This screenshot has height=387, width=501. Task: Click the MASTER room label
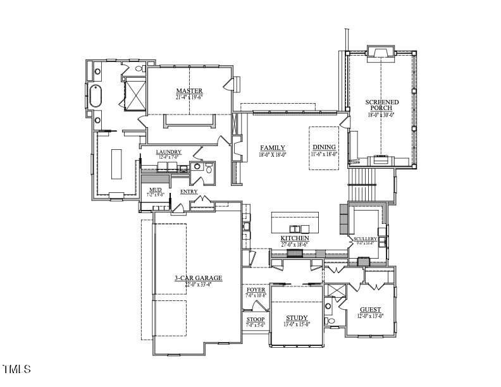point(189,91)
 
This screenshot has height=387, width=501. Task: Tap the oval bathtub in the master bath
point(96,97)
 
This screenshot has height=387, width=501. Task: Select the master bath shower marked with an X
point(135,94)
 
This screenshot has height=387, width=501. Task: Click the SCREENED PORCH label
point(381,105)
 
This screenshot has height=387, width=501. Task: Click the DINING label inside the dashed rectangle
point(324,147)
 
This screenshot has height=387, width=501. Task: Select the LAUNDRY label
point(169,152)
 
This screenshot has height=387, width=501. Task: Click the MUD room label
point(155,190)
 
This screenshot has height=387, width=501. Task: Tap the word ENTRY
point(189,192)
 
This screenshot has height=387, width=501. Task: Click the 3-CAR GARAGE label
point(198,278)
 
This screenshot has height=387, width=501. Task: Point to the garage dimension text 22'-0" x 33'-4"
point(198,285)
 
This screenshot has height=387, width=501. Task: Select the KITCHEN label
point(294,238)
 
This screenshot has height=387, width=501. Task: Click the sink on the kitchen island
point(295,228)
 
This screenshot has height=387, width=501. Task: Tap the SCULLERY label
point(365,238)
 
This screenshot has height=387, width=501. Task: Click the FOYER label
point(256,290)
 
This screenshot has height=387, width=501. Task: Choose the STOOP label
point(255,319)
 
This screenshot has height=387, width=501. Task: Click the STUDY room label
point(296,318)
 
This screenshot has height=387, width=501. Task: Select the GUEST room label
point(370,310)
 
